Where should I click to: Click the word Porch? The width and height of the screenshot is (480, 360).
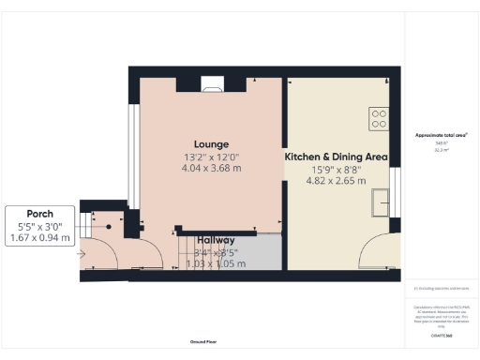(x=39, y=214)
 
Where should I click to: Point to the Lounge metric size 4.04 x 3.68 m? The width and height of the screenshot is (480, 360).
(x=211, y=168)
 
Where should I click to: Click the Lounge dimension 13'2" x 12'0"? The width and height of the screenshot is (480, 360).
(x=211, y=157)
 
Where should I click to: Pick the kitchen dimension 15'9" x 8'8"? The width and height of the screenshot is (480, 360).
(x=336, y=170)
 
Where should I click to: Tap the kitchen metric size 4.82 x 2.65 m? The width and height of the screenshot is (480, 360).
(x=336, y=182)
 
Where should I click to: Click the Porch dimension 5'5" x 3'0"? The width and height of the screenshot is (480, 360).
(x=39, y=227)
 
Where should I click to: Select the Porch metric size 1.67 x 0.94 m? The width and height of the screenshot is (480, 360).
(x=39, y=238)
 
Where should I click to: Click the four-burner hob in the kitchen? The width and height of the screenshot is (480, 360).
(x=379, y=118)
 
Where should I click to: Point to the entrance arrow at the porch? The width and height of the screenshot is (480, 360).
(x=82, y=252)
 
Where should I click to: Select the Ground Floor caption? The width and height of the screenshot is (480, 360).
(x=203, y=343)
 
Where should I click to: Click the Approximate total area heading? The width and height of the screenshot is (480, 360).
(x=441, y=135)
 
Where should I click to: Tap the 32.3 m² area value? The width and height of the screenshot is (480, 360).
(x=441, y=149)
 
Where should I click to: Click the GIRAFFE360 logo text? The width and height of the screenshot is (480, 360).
(x=441, y=335)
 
